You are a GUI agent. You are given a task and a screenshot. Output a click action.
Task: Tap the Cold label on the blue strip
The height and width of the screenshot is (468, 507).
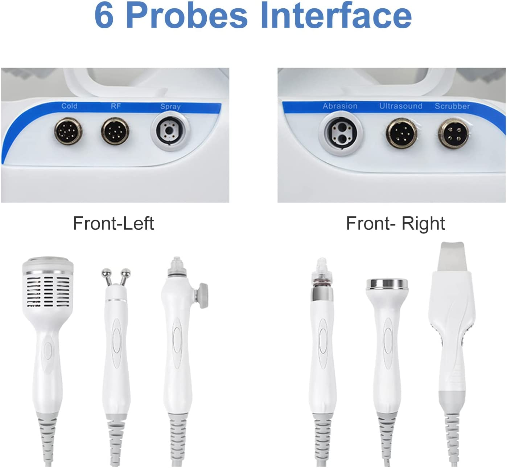point(69,106)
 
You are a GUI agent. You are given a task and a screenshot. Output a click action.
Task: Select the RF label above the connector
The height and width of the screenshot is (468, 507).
point(116,106)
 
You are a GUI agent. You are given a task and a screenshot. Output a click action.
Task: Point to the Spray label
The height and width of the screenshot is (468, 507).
point(170,107)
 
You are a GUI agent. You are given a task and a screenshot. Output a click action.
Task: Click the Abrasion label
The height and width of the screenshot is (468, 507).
point(340,106)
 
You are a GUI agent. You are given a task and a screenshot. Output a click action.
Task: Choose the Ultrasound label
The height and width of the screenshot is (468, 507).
point(400,106)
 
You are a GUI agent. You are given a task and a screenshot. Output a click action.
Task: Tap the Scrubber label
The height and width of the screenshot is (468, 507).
point(452,106)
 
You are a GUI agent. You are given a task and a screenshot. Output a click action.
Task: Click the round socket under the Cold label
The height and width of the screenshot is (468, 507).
point(68,131)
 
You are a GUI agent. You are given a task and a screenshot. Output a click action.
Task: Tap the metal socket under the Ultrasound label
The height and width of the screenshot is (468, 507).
point(401,133)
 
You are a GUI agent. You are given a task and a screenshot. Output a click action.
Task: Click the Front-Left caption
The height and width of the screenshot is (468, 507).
point(114,223)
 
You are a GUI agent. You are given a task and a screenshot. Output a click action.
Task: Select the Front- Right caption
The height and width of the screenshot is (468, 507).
point(395,223)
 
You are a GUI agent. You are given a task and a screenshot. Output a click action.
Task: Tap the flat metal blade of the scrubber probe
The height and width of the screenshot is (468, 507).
point(452,256)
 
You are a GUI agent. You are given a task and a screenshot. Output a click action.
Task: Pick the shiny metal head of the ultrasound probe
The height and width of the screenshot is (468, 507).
point(387,284)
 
